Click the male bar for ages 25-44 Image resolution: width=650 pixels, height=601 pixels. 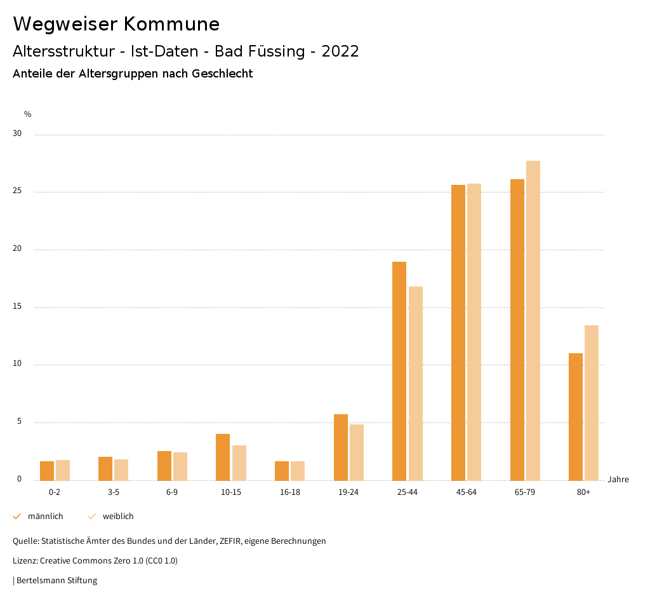click(x=399, y=371)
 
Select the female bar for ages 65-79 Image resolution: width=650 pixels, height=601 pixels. click(x=533, y=320)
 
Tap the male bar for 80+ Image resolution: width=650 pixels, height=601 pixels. click(x=576, y=417)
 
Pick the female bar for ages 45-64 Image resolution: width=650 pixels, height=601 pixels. click(x=474, y=332)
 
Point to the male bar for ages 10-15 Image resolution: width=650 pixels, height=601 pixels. click(x=223, y=457)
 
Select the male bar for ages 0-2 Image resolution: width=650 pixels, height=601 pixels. click(x=47, y=471)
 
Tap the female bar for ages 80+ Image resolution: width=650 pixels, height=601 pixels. click(x=592, y=403)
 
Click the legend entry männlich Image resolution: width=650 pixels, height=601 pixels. click(x=45, y=517)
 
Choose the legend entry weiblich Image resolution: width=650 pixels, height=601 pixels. click(x=118, y=517)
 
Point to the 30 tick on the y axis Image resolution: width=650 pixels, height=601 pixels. click(x=17, y=134)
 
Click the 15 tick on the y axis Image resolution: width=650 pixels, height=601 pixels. click(x=17, y=307)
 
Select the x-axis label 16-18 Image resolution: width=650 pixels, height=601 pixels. click(x=290, y=492)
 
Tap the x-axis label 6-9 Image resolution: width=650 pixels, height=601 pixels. click(x=172, y=492)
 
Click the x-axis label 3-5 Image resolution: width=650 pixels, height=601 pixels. click(x=114, y=492)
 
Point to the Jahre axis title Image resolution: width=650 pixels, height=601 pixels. click(x=618, y=480)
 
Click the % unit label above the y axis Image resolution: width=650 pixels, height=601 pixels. click(x=28, y=114)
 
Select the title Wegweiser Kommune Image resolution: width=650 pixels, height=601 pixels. click(x=116, y=24)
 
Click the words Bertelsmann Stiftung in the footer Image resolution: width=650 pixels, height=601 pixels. click(x=57, y=581)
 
